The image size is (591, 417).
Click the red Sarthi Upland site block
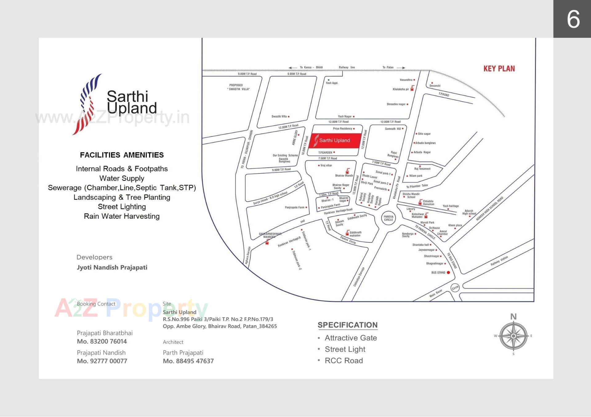click(x=335, y=141)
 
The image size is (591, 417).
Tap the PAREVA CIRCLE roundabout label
click(x=388, y=218)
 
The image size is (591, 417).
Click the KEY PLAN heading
click(x=499, y=69)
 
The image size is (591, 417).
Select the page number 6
click(x=573, y=19)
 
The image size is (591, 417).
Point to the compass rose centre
click(x=513, y=336)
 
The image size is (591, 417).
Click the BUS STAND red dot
click(x=448, y=273)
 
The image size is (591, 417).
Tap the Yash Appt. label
click(x=332, y=83)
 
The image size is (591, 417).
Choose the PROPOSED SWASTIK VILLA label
click(x=239, y=87)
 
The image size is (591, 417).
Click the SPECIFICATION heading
click(x=348, y=325)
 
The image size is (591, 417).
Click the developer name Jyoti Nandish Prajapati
click(x=112, y=267)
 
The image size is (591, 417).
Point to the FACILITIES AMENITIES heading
click(x=122, y=155)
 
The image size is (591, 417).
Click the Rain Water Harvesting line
click(x=122, y=216)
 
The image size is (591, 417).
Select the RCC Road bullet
click(x=344, y=360)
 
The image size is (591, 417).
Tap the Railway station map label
click(x=499, y=261)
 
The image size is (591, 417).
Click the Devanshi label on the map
click(x=435, y=86)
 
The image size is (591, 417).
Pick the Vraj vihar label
click(x=326, y=165)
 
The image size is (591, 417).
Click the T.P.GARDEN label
click(x=325, y=152)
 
